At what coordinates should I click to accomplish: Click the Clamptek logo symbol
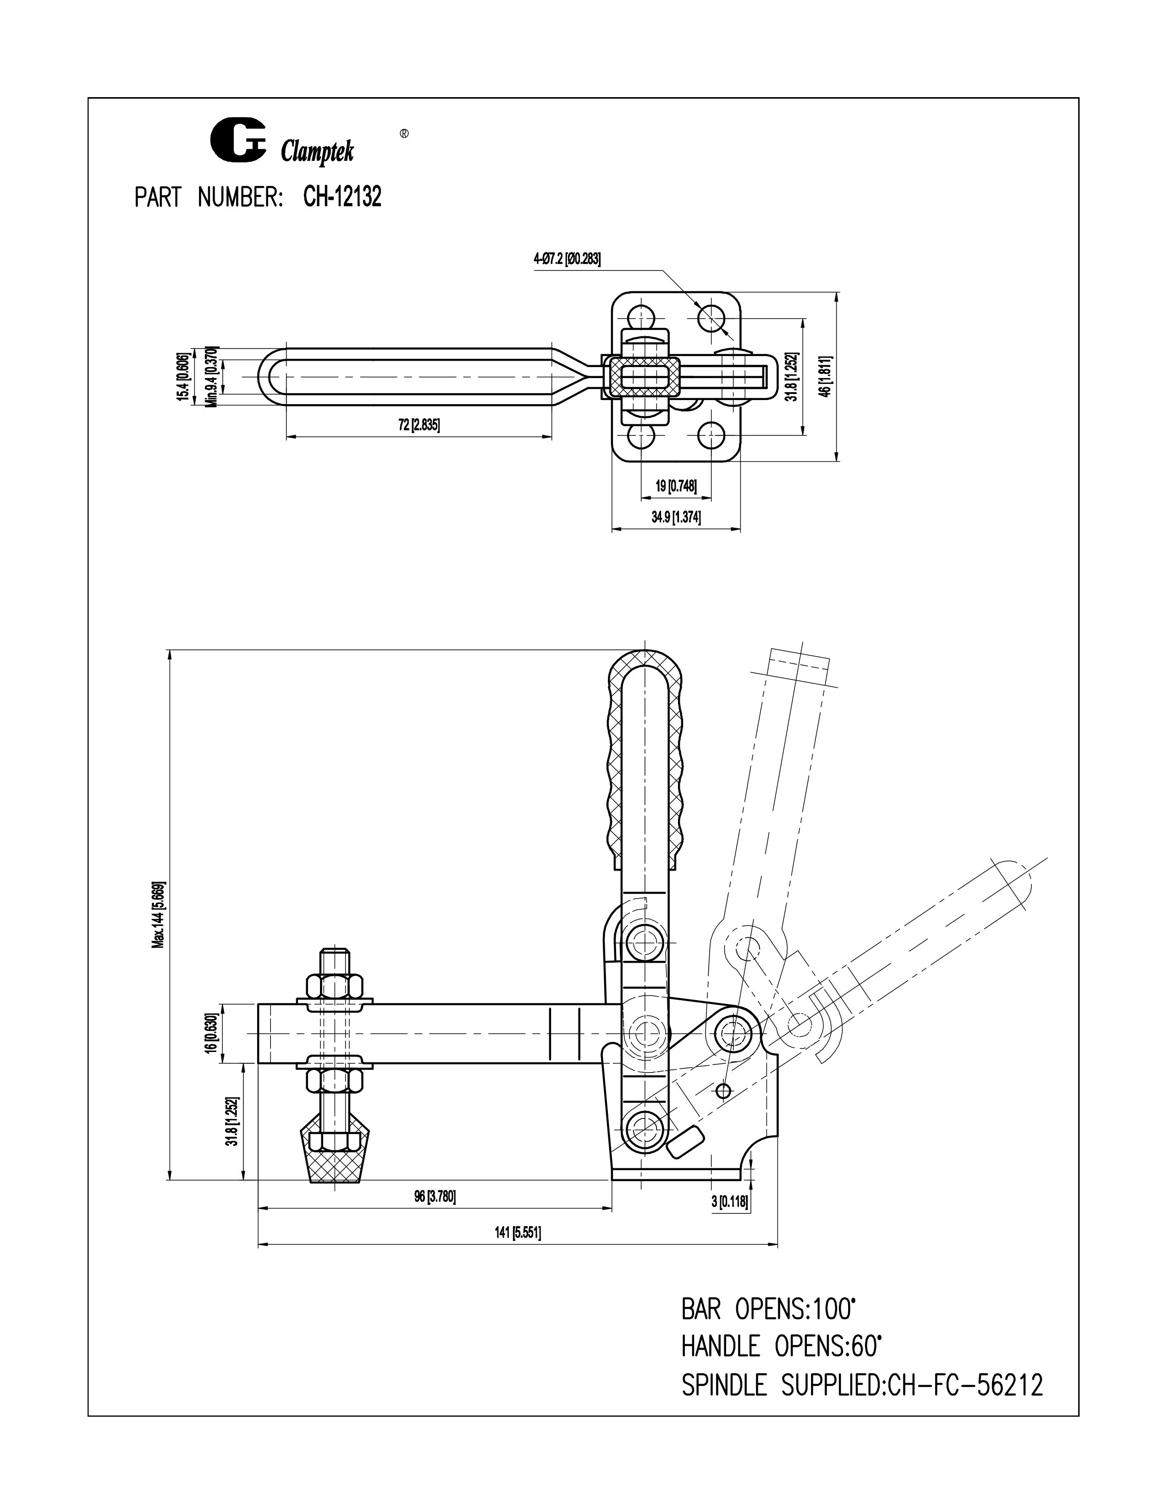pos(237,141)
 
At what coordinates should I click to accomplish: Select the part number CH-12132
pos(342,198)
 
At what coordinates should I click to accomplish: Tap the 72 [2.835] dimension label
pos(419,425)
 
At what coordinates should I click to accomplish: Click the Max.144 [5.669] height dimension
pos(159,915)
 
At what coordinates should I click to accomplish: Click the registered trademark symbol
pos(404,133)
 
